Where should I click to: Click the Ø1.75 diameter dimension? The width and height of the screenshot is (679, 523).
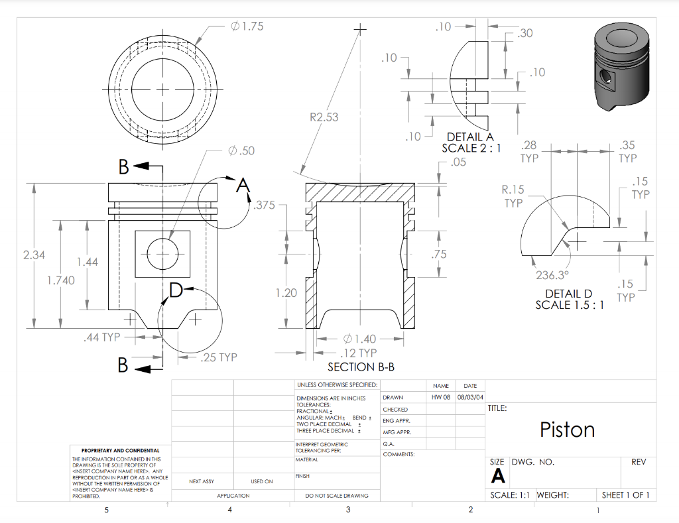pos(247,27)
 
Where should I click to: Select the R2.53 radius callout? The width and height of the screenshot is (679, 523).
pos(324,117)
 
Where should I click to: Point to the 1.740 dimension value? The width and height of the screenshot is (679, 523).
pos(60,280)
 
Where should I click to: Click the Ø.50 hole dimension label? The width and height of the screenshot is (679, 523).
pos(241,151)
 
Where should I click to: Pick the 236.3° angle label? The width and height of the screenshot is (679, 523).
pos(552,276)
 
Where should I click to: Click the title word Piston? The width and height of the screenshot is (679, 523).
pos(567,430)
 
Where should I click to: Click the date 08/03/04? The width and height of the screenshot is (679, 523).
pos(470,397)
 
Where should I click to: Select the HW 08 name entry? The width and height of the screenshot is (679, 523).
pos(441,397)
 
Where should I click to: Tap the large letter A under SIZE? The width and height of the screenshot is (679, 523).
pos(497,476)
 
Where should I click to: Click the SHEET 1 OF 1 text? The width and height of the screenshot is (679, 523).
pos(625,495)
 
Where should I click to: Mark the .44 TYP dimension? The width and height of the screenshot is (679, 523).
pos(101,337)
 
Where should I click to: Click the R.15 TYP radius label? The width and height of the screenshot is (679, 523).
pos(513,196)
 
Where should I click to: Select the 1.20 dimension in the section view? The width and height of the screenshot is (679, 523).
pos(286,292)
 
